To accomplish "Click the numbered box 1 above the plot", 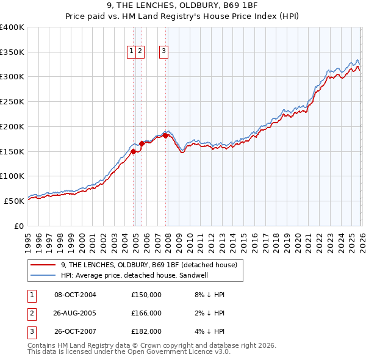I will [132, 52].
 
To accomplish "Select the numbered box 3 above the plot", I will [164, 52].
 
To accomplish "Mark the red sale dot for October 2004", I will [133, 152].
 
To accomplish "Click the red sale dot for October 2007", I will [165, 135].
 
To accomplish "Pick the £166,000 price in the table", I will [146, 313].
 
